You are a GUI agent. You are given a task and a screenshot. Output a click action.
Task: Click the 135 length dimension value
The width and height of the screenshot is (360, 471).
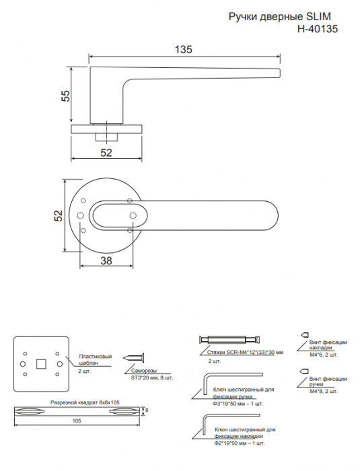coord(183,49)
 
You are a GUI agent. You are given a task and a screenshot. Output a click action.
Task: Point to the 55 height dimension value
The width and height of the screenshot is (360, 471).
coord(66,96)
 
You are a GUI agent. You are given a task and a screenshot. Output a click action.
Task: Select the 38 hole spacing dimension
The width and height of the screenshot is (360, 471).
coord(106,260)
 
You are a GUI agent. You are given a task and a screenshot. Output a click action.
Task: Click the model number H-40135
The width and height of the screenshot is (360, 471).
coord(318,29)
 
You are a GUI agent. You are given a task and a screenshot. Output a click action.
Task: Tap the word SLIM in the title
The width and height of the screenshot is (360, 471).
coord(320,16)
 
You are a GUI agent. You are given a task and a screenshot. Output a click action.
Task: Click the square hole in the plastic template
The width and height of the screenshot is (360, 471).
coord(41,364)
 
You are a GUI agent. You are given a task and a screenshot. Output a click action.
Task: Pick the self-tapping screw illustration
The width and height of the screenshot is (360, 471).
coord(133,358)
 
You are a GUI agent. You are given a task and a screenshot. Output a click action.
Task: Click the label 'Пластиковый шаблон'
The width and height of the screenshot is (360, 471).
coord(96,359)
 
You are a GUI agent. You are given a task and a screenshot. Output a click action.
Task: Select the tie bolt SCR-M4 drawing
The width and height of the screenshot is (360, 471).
coord(230,340)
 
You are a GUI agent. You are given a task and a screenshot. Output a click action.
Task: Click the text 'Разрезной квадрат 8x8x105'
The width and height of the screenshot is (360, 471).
coord(85,402)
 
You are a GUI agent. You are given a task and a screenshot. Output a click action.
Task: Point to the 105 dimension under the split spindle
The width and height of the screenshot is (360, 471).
coord(77,421)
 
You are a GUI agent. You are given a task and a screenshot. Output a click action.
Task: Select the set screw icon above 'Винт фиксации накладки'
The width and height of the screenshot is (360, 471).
coord(304,334)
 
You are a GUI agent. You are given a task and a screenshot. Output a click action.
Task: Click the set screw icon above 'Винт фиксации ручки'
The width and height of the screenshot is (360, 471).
coord(304,371)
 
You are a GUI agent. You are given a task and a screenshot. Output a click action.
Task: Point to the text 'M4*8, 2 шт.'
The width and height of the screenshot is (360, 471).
coord(324,391)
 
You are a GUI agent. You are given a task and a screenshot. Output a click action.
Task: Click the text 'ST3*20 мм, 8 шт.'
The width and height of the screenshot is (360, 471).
coord(152,377)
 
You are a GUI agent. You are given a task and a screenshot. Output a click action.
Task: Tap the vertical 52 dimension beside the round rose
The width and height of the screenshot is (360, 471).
coord(59,215)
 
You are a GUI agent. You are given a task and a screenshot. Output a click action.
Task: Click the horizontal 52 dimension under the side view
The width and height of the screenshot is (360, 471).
coord(106,153)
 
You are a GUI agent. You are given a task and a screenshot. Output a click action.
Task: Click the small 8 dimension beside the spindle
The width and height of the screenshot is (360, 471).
coord(147,410)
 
